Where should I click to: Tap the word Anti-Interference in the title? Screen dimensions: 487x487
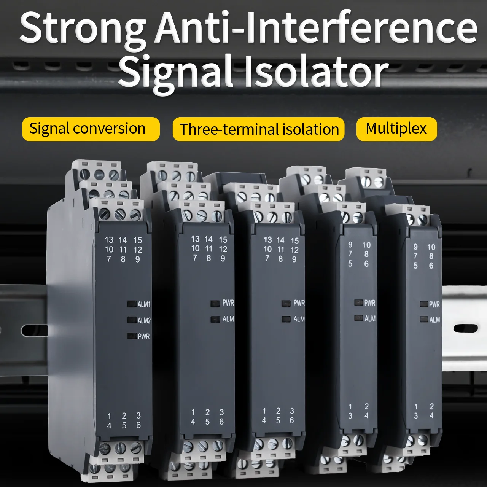pyautogui.click(x=316, y=27)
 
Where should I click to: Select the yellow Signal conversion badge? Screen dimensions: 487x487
pyautogui.click(x=90, y=129)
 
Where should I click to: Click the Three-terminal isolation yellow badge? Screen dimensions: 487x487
pyautogui.click(x=259, y=129)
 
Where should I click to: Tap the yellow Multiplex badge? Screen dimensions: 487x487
pyautogui.click(x=396, y=129)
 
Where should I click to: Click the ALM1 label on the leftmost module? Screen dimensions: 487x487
pyautogui.click(x=144, y=304)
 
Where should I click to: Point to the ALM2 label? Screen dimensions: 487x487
pyautogui.click(x=144, y=321)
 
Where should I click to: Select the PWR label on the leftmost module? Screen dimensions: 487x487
pyautogui.click(x=143, y=337)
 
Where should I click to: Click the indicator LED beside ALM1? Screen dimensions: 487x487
pyautogui.click(x=132, y=304)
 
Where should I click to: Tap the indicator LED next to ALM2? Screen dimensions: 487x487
pyautogui.click(x=132, y=320)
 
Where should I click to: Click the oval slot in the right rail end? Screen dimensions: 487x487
pyautogui.click(x=465, y=328)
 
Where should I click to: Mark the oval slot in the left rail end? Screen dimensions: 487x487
pyautogui.click(x=34, y=330)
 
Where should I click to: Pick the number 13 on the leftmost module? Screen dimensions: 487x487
pyautogui.click(x=109, y=240)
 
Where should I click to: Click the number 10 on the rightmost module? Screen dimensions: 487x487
pyautogui.click(x=431, y=247)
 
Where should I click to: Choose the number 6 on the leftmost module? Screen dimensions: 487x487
pyautogui.click(x=138, y=425)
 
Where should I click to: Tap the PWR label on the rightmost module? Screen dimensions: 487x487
pyautogui.click(x=434, y=304)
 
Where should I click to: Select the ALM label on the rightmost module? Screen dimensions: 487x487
pyautogui.click(x=434, y=320)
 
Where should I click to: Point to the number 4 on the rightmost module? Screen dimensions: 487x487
pyautogui.click(x=431, y=416)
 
